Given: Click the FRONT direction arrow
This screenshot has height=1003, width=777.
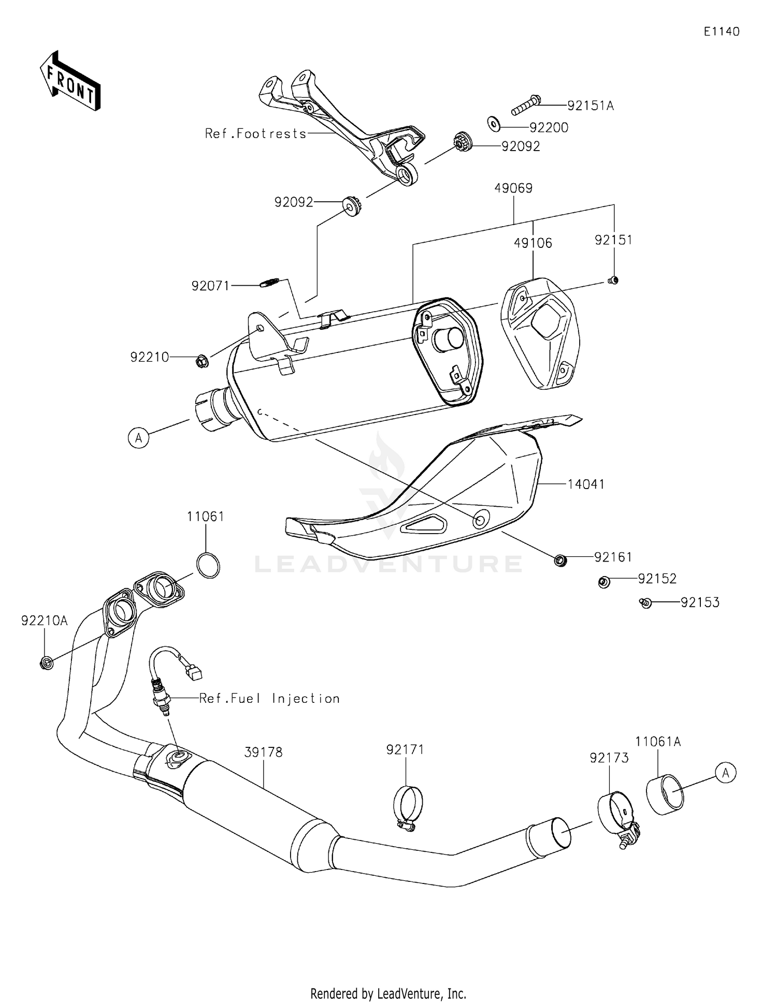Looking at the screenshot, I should [x=70, y=82].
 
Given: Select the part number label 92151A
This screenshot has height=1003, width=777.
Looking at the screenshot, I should [x=590, y=106].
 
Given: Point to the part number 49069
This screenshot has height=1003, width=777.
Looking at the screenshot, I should [x=513, y=188].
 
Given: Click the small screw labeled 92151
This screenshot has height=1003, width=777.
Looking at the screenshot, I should [x=613, y=281].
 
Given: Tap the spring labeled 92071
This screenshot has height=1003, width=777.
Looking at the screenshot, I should [x=269, y=283].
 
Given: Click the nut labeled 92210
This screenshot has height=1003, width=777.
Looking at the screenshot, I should [x=203, y=361].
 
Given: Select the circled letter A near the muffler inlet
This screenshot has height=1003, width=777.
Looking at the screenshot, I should [x=138, y=438].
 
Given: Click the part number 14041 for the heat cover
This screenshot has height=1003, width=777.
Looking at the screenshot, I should [x=585, y=484].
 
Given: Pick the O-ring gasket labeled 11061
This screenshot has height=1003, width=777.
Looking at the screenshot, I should [x=208, y=566].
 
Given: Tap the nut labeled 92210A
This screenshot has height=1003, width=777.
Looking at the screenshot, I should [x=46, y=662].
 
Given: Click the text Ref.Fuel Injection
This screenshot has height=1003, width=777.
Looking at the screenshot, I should [x=269, y=699].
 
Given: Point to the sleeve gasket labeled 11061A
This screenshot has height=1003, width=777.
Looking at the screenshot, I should [x=665, y=794].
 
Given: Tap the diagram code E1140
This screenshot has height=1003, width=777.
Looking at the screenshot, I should [x=721, y=32].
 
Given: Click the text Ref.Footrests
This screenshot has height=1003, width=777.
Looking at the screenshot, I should [x=256, y=134].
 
